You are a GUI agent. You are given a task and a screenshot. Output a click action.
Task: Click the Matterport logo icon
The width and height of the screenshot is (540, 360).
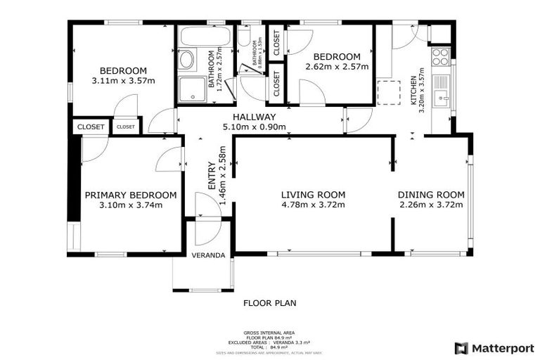coord(461,348)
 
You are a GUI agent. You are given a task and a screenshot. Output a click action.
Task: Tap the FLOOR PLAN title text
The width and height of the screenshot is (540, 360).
coord(269,304)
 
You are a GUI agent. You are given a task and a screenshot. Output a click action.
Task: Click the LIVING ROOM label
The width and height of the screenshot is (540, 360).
coord(313,195)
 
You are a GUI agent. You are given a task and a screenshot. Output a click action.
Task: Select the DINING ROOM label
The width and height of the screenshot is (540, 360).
coord(431,195)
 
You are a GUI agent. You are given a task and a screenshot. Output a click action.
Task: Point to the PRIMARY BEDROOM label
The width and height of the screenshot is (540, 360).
coord(130,195)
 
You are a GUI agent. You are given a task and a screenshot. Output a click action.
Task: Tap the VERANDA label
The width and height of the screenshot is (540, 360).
coord(208,255)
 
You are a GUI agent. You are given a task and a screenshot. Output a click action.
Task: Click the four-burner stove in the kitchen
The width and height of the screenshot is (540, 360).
coord(441,56)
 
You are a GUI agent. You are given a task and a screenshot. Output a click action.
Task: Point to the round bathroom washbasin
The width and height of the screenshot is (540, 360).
coord(186,60)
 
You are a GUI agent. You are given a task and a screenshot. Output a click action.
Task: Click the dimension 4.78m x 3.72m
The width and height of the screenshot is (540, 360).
coord(313,205)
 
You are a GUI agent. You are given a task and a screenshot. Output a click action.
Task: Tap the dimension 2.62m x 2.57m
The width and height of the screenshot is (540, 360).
coord(337,67)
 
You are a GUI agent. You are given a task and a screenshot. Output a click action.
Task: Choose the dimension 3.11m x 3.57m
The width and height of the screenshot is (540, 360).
coord(123,81)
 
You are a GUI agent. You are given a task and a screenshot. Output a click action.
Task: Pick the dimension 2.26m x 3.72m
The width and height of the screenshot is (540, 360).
coord(431,205)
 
